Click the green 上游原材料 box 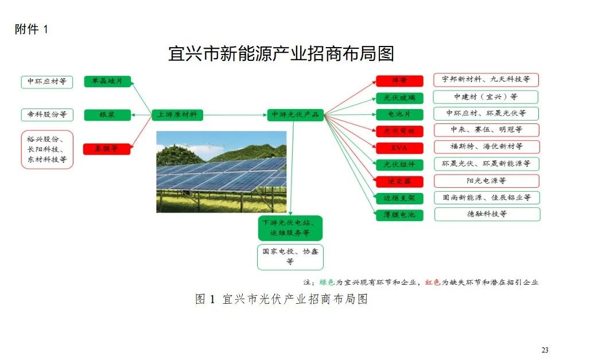point(177,115)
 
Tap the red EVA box point(399,148)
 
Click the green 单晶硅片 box point(107,82)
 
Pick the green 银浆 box point(107,115)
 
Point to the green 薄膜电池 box point(399,215)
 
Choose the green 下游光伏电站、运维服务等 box point(290,228)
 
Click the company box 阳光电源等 point(487,181)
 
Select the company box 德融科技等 point(487,214)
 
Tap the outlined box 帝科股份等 point(47,115)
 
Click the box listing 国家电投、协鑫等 point(290,257)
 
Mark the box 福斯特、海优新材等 point(487,147)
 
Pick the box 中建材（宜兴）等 point(486,97)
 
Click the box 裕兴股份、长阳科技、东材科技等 point(47,150)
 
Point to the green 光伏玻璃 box point(399,98)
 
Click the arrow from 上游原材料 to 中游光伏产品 point(235,115)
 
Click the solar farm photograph point(221,172)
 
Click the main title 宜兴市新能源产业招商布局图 point(281,54)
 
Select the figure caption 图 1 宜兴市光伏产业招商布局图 point(281,299)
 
